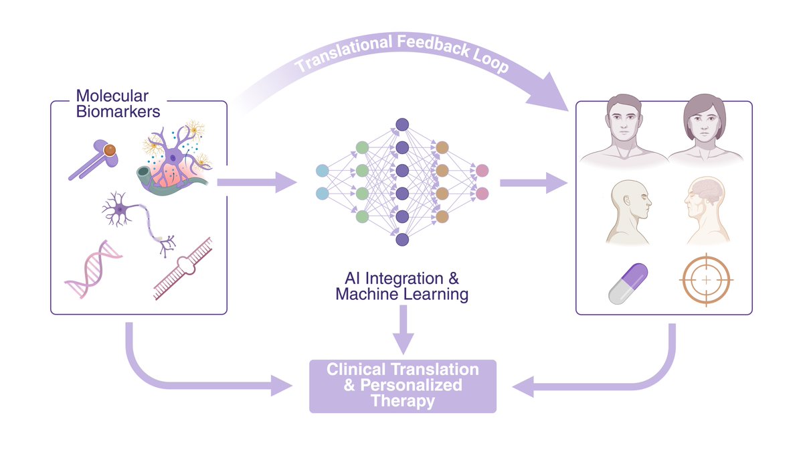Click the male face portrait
tap(624, 130)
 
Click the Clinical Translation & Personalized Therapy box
tap(402, 386)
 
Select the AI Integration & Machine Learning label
tap(401, 286)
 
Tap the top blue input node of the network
tap(322, 170)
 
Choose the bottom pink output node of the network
tap(482, 194)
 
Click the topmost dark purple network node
tap(402, 124)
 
